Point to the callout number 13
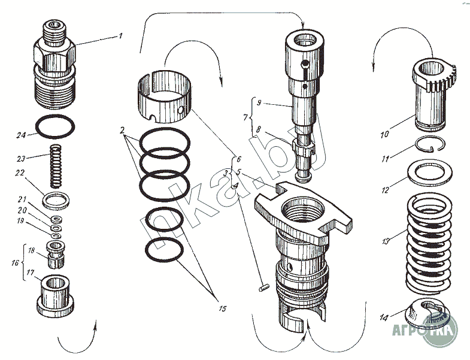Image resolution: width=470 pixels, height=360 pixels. pyautogui.click(x=386, y=242)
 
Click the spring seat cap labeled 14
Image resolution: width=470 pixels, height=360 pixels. pyautogui.click(x=426, y=311)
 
